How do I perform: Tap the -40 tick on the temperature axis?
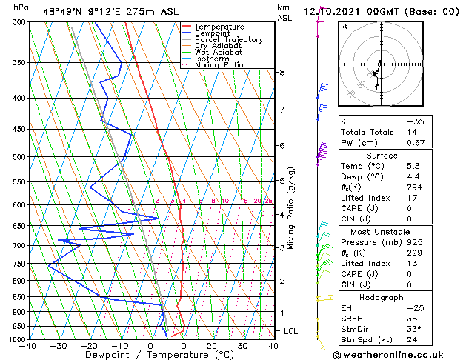tap(29, 346)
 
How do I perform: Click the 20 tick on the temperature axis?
tap(212, 346)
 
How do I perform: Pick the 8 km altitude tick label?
tap(282, 72)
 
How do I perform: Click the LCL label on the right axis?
tap(291, 331)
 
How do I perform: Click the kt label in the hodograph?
tap(344, 27)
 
